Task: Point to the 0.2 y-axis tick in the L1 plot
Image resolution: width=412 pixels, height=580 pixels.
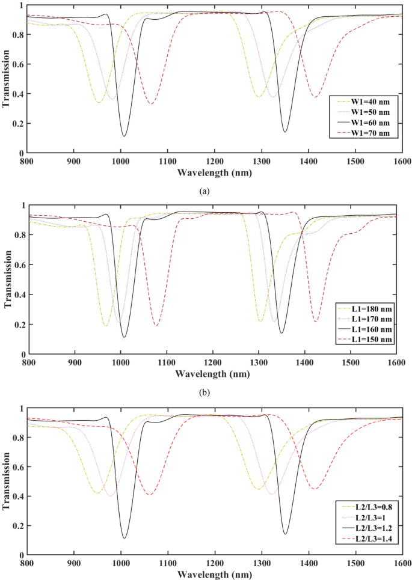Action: pyautogui.click(x=18, y=325)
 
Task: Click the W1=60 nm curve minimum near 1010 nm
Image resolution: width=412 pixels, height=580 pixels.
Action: pyautogui.click(x=124, y=136)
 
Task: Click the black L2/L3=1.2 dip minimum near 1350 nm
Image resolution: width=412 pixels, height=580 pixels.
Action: pyautogui.click(x=285, y=534)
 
